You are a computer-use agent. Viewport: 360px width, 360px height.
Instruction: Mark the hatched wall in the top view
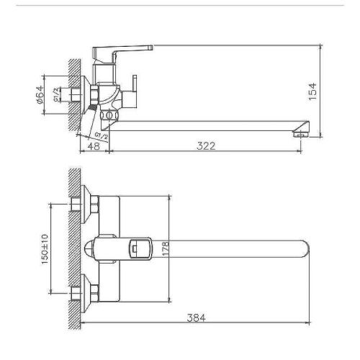pos(72,248)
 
